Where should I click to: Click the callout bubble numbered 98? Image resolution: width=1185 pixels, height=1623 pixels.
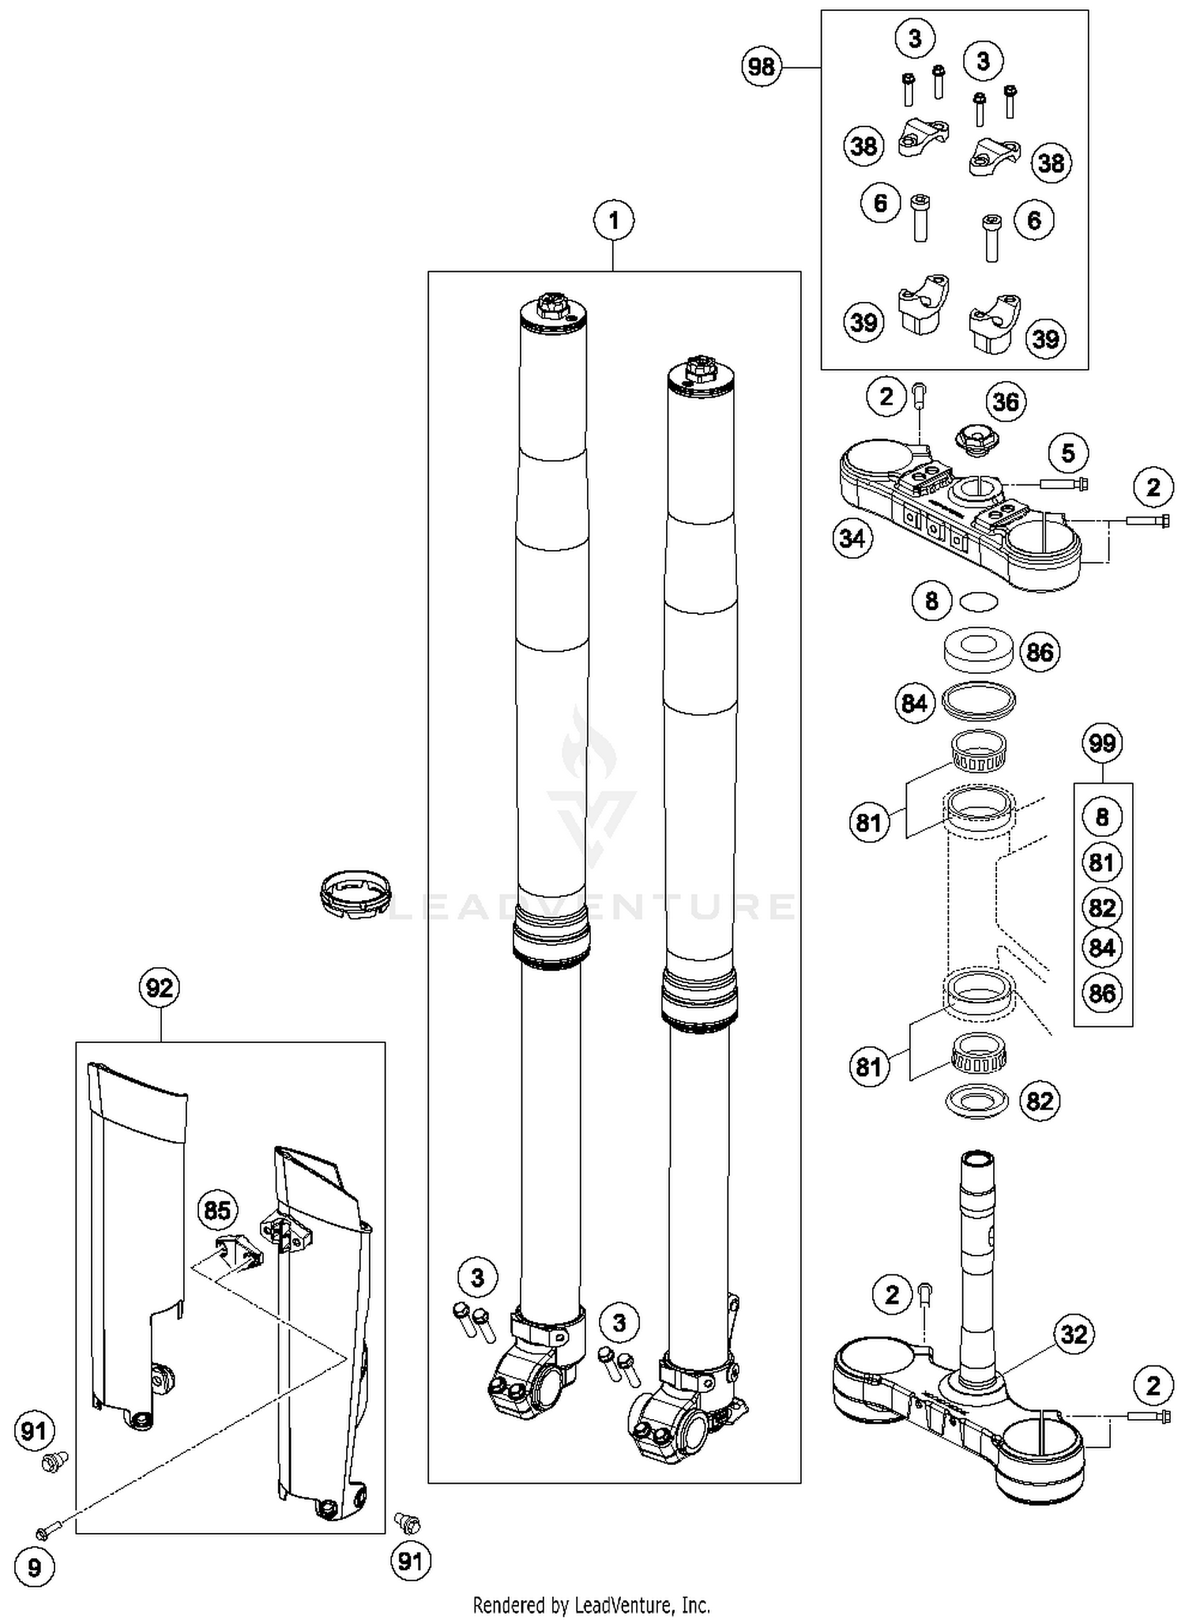[762, 66]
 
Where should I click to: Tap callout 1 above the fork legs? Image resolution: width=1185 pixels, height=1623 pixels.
[614, 220]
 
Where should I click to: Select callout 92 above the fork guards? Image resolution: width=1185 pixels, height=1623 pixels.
[160, 988]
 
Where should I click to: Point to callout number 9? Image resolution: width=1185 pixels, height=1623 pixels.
[34, 1568]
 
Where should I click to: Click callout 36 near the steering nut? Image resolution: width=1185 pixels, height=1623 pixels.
[1005, 401]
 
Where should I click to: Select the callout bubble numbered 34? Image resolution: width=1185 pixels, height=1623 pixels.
[852, 539]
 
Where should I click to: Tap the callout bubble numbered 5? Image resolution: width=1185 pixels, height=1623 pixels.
[1068, 453]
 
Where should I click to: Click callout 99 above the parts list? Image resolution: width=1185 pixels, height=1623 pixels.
[1102, 743]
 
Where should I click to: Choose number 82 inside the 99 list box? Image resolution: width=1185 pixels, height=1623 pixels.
[1102, 907]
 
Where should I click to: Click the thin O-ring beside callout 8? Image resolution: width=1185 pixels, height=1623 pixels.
[979, 602]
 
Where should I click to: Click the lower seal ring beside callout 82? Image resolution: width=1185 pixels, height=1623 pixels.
[977, 1100]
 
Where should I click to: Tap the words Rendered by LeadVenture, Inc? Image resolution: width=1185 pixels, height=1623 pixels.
[592, 1605]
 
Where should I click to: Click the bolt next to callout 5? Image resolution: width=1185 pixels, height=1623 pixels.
[1063, 484]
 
